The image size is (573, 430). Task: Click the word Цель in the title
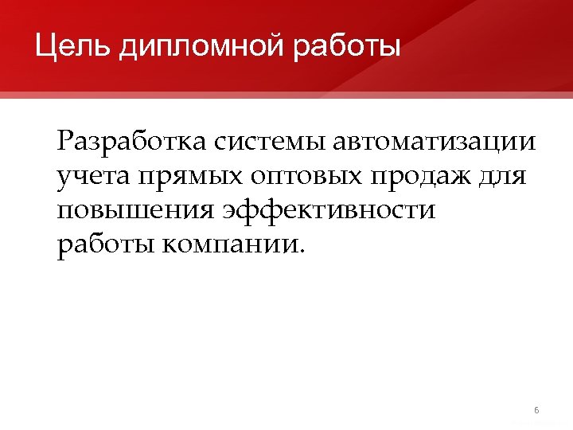[x=72, y=46]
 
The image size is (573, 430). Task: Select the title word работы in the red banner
[x=348, y=46]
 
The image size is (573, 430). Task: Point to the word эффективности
[x=329, y=211]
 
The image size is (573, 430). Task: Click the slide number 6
[x=536, y=410]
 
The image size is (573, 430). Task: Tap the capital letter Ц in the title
[x=45, y=46]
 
